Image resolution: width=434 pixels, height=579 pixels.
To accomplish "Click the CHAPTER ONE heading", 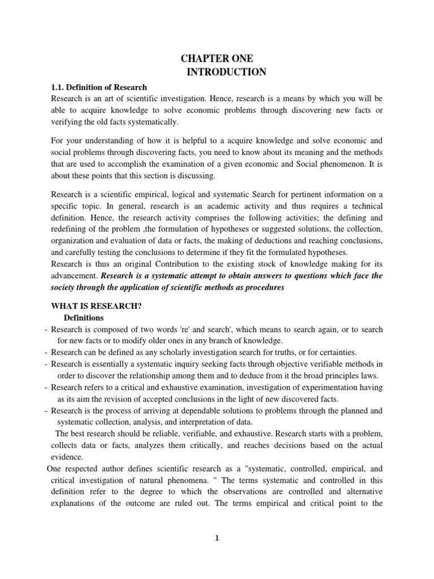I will coord(217,59).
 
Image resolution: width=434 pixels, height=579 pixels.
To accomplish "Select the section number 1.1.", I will coord(59,87).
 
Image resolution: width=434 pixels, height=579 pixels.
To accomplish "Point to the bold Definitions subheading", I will coord(84,318).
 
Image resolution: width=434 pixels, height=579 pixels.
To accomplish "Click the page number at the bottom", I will coord(217,538).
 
